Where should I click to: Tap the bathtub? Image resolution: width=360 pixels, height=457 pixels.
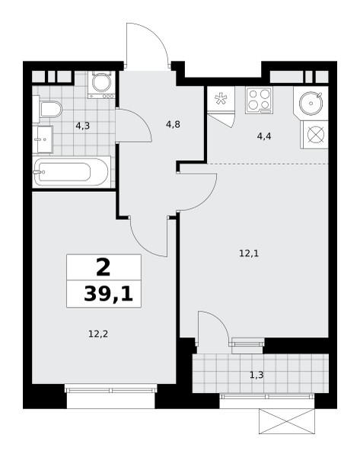click(x=72, y=171)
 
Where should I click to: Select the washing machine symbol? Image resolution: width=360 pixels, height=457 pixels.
click(x=101, y=85)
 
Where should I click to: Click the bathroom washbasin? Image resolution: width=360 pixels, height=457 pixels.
click(x=43, y=139)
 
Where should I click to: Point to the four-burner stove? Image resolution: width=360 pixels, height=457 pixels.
click(x=259, y=101)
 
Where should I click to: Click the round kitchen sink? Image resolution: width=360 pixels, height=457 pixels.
click(x=311, y=103)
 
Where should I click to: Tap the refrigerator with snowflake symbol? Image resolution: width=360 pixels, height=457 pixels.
click(x=221, y=99)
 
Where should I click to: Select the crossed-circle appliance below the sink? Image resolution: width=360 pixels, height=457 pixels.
click(x=316, y=135)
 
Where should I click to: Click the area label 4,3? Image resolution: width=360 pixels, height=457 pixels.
click(x=82, y=126)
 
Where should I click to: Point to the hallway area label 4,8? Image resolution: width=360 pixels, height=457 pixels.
click(x=173, y=125)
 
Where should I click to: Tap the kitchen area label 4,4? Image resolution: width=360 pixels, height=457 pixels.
click(x=264, y=136)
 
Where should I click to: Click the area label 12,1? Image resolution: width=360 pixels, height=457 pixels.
click(x=249, y=254)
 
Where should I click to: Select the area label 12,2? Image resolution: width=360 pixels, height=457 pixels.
click(x=98, y=334)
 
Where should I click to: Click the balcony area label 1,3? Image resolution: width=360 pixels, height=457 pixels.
click(x=256, y=375)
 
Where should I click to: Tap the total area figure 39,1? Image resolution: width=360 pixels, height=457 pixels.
click(x=108, y=294)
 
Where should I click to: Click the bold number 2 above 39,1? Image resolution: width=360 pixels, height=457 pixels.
click(x=104, y=267)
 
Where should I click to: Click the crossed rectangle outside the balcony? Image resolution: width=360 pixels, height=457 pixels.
click(x=287, y=421)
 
